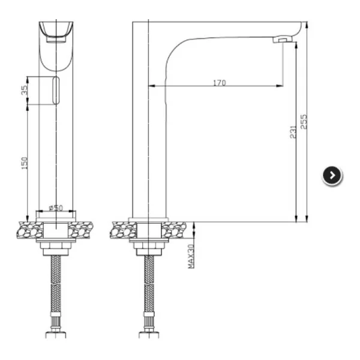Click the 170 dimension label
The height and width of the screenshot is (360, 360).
click(220, 83)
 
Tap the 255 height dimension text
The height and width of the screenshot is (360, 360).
click(304, 122)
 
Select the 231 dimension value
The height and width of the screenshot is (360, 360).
click(293, 132)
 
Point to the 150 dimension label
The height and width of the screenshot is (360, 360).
click(25, 163)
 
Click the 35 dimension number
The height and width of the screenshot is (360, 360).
click(25, 90)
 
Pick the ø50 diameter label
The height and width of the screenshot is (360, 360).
click(56, 208)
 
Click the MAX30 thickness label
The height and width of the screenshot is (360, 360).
click(191, 256)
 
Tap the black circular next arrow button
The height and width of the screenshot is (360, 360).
click(332, 175)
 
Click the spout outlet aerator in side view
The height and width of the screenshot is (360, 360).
click(282, 39)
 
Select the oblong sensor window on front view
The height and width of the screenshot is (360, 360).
click(56, 91)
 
